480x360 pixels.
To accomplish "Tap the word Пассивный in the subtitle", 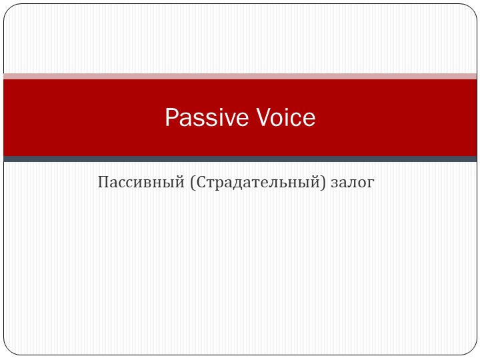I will point(140,181).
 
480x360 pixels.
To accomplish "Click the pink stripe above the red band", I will point(240,76).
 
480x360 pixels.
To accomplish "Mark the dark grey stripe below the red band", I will point(240,159).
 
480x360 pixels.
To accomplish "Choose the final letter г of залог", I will point(371,182).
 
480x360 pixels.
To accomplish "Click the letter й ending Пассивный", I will point(179,181).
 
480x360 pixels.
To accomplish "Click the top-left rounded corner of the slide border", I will point(9,9).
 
